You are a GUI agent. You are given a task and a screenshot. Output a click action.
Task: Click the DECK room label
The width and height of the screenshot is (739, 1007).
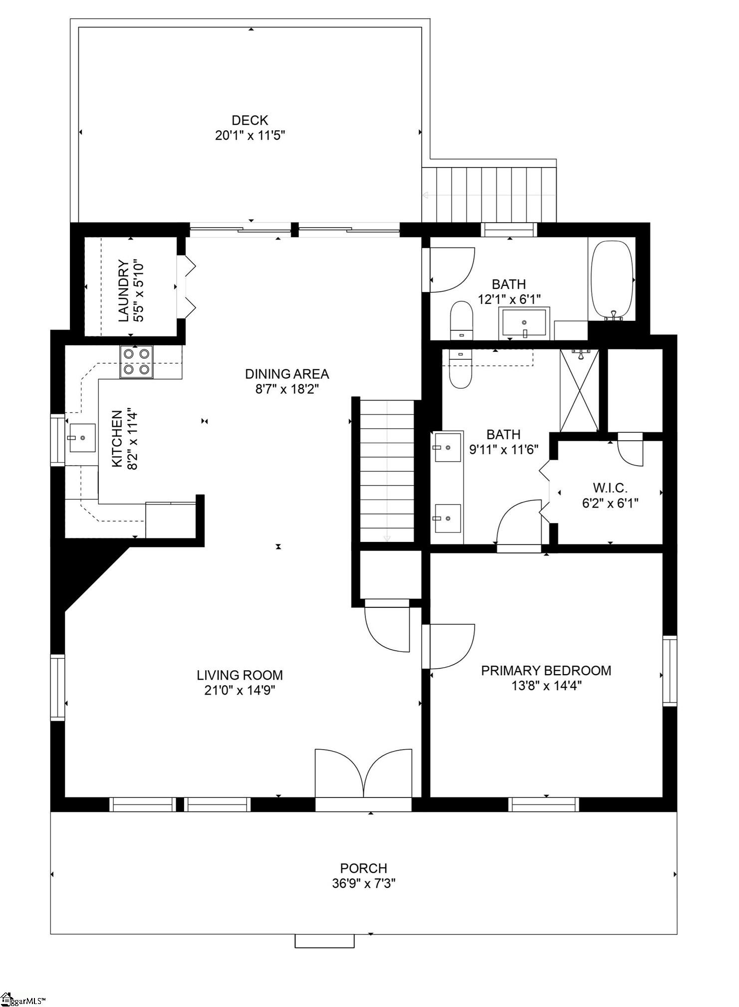[250, 120]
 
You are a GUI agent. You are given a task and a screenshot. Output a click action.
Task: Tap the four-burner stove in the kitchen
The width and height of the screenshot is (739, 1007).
[136, 361]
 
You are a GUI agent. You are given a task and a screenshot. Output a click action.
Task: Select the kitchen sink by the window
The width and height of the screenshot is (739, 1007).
[82, 438]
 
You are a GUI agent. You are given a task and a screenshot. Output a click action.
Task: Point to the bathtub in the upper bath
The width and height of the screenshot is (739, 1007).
[612, 279]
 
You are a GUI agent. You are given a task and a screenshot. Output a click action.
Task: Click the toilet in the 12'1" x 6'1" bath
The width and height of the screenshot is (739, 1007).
[461, 319]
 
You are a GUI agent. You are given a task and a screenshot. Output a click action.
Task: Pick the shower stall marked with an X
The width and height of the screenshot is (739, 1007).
[579, 390]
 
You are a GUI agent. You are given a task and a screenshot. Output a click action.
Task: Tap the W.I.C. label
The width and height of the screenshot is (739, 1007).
[610, 488]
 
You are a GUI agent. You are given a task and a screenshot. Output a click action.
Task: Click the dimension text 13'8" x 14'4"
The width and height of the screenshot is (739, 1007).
[546, 686]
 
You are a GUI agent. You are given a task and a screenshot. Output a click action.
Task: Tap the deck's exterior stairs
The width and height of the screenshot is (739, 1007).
[489, 195]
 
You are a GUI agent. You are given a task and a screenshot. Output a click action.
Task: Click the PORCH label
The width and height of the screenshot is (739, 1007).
[363, 868]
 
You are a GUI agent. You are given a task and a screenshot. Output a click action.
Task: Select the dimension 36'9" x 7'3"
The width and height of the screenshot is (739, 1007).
[364, 884]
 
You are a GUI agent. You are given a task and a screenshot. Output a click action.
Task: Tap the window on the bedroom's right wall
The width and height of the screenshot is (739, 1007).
[669, 671]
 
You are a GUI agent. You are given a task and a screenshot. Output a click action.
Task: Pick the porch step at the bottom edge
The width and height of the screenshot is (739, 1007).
[324, 941]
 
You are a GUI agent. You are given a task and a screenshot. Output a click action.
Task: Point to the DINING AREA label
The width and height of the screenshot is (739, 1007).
[287, 374]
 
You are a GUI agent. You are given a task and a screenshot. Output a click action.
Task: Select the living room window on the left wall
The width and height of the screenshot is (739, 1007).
[58, 687]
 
